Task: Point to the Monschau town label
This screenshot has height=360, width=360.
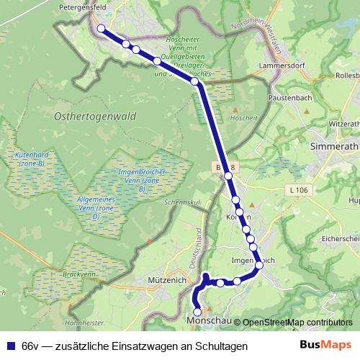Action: pyautogui.click(x=207, y=320)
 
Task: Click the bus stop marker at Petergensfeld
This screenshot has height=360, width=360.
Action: pyautogui.click(x=101, y=29)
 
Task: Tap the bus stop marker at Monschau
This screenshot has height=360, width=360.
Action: pyautogui.click(x=198, y=312)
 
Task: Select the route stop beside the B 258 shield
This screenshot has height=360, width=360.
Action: pyautogui.click(x=228, y=176)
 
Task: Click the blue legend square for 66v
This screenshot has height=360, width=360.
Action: pyautogui.click(x=11, y=346)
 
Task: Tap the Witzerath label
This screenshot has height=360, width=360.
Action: pyautogui.click(x=343, y=124)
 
